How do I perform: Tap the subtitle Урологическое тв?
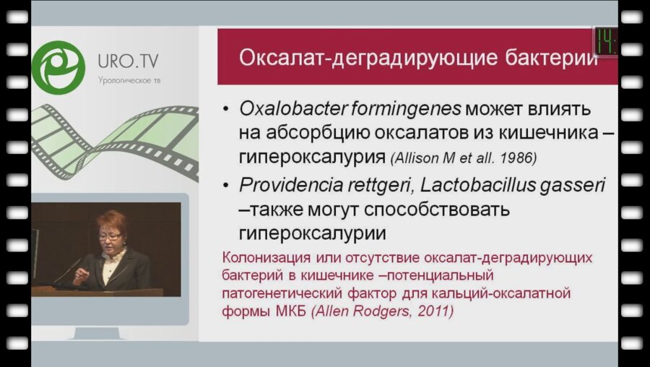(x=129, y=80)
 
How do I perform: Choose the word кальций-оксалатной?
(x=520, y=293)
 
